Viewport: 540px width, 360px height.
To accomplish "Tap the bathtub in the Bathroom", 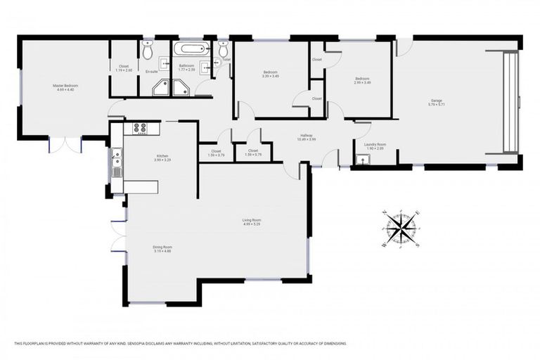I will [192, 50].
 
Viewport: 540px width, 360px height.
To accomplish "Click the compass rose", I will [401, 228].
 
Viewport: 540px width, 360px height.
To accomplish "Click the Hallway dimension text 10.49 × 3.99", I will [307, 139].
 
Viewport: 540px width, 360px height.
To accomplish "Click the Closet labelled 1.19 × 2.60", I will [124, 69].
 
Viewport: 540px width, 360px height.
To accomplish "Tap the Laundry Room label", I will [375, 144].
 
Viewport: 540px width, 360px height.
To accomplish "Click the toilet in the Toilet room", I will [224, 50].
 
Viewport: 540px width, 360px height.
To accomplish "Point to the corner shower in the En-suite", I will [160, 87].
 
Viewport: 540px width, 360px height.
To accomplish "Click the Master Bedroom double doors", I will [65, 144].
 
